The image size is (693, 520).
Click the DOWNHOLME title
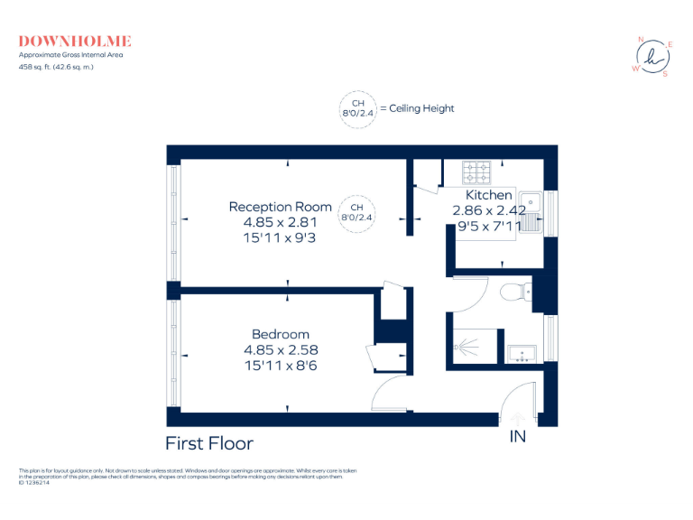tap(75, 41)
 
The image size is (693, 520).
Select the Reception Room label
tap(281, 207)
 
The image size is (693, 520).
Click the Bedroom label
tap(281, 334)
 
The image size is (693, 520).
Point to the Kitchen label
tap(489, 195)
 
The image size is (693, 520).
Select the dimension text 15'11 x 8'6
tap(281, 365)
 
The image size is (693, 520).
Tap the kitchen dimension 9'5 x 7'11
tap(489, 226)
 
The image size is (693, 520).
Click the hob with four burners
tap(476, 172)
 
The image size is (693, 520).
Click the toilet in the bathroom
tap(516, 292)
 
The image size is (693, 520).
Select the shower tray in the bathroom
tap(475, 345)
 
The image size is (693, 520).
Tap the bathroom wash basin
tap(522, 352)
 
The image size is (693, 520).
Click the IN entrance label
tap(518, 438)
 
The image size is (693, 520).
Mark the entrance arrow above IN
tap(518, 418)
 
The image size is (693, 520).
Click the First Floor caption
tap(209, 443)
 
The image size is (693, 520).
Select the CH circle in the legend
tap(357, 108)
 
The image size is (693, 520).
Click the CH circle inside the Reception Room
tap(356, 211)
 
